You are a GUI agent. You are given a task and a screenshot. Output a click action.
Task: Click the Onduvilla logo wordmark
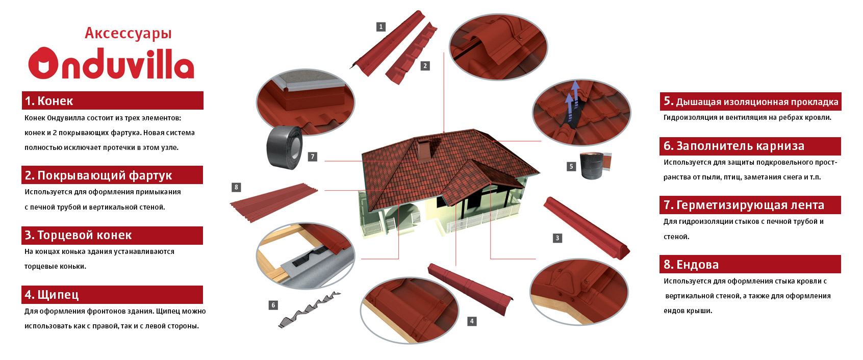point(111,64)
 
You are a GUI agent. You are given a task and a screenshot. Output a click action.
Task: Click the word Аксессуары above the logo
point(128,33)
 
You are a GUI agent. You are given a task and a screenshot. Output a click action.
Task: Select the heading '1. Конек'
point(49,101)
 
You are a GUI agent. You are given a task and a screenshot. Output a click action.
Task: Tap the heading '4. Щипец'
point(52,295)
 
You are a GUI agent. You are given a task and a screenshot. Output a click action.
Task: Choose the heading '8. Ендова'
point(691,265)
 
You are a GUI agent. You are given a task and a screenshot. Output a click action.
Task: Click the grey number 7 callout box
point(313,157)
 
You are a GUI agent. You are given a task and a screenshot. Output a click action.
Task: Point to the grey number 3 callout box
point(557,238)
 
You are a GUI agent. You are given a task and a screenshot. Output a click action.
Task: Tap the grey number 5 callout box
point(571,166)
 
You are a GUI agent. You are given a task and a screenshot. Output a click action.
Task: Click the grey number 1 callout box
point(380,27)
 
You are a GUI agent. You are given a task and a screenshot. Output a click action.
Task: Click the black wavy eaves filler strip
point(310,309)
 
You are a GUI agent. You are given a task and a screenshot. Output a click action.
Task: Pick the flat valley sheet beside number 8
point(274,202)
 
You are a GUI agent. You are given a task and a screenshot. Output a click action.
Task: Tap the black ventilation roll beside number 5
point(592,166)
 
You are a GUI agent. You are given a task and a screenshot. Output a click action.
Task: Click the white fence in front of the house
point(481,219)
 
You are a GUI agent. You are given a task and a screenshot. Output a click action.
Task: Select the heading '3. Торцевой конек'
point(78,235)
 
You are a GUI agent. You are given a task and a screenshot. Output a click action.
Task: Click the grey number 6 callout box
point(273,305)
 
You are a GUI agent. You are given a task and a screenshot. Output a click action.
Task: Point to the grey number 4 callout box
point(472,321)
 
